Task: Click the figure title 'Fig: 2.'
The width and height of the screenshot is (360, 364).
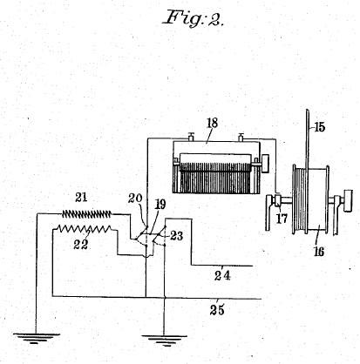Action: tap(194, 18)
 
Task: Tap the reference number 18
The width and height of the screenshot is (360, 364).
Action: tap(213, 123)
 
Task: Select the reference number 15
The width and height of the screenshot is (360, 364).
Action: tap(319, 127)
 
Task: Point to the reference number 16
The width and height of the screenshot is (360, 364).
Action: tap(319, 252)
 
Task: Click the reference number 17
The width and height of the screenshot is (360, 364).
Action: tap(282, 219)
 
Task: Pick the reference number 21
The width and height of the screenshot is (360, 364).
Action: tap(81, 198)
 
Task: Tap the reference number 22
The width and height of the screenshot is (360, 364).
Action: tap(80, 245)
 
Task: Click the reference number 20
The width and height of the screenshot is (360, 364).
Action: tap(135, 199)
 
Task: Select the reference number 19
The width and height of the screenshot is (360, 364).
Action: tap(160, 205)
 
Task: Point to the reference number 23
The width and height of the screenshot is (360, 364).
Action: tap(177, 236)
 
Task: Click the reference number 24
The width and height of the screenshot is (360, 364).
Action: tap(222, 275)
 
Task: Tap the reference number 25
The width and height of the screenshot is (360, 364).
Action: tap(217, 310)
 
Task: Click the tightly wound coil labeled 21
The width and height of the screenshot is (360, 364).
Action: tap(86, 214)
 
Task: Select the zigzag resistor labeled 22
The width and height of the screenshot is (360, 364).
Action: tap(85, 229)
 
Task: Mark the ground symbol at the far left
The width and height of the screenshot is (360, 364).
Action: tap(37, 339)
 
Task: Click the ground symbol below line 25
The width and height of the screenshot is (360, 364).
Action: tap(165, 340)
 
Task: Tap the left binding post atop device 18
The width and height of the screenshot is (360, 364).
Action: tap(191, 137)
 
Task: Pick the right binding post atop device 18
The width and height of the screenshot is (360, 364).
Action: tap(241, 137)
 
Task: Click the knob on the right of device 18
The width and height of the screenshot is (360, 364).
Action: tap(265, 164)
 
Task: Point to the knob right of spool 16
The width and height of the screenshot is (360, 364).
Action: tap(348, 201)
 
